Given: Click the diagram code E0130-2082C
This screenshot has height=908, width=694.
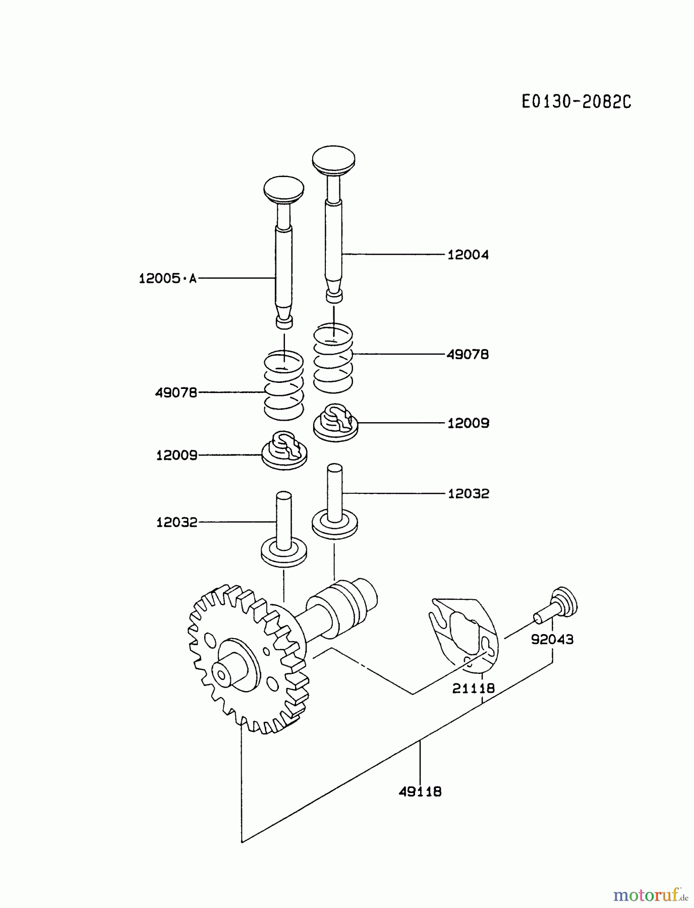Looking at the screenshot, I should pyautogui.click(x=576, y=102).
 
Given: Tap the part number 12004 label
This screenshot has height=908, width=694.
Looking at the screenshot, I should pyautogui.click(x=468, y=255).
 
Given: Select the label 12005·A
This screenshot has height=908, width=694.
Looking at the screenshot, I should pyautogui.click(x=167, y=278).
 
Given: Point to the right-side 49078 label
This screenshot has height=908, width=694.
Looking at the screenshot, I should pyautogui.click(x=468, y=355).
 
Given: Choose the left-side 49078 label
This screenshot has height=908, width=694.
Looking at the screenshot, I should pyautogui.click(x=176, y=392).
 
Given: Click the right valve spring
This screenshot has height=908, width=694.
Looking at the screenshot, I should pyautogui.click(x=333, y=359).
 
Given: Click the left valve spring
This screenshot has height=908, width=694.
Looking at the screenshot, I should pyautogui.click(x=284, y=386).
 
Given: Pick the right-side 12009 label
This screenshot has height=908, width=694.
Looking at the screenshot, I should pyautogui.click(x=468, y=423).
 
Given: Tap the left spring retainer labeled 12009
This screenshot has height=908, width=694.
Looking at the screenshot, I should pyautogui.click(x=284, y=450).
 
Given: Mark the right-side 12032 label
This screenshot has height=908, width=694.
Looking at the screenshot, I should pyautogui.click(x=468, y=493).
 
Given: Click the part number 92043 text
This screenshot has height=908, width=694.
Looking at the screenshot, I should pyautogui.click(x=552, y=640).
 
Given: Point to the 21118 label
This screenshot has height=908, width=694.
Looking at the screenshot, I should pyautogui.click(x=473, y=688).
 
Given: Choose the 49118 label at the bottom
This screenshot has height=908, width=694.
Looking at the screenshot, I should pyautogui.click(x=420, y=791).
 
